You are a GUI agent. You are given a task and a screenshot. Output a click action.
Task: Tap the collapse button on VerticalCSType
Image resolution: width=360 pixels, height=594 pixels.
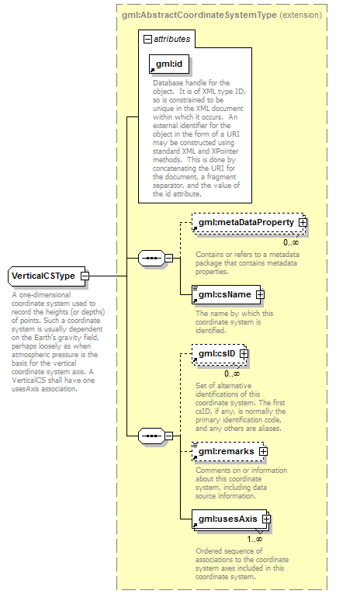(85, 276)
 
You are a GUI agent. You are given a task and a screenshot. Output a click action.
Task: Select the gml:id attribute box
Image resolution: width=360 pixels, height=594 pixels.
(169, 64)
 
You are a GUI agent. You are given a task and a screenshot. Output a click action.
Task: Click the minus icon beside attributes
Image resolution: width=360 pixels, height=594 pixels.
(147, 39)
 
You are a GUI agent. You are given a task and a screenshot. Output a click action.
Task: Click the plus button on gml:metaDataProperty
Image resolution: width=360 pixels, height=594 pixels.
(303, 223)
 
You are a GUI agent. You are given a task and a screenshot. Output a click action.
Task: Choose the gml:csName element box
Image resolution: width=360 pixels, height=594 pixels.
(226, 295)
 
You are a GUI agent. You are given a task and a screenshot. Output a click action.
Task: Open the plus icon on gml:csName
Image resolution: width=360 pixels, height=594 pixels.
(260, 295)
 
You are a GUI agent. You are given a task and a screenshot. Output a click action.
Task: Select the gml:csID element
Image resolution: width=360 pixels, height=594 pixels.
(219, 354)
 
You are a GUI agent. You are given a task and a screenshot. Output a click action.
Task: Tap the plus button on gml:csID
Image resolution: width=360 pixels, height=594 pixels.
(244, 354)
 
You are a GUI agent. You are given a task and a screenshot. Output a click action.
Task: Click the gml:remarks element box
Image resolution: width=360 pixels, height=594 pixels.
(227, 452)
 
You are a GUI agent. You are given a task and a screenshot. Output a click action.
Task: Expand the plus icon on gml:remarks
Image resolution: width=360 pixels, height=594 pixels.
(263, 452)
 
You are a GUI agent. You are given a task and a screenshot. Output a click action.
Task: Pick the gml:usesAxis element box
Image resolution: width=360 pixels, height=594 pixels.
(230, 519)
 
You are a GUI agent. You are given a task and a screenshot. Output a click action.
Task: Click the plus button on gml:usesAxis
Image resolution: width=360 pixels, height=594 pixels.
(266, 519)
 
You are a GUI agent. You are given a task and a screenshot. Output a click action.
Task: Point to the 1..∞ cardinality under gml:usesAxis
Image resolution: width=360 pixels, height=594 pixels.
(254, 539)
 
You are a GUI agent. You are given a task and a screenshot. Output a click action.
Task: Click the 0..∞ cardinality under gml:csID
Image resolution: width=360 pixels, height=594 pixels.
(232, 374)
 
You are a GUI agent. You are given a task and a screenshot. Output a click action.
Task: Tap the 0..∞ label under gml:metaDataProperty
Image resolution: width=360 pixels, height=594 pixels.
(291, 243)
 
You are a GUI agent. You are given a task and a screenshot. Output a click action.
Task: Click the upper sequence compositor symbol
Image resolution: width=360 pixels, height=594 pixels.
(151, 259)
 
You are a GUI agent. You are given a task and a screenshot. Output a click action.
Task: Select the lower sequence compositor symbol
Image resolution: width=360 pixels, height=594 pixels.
(151, 436)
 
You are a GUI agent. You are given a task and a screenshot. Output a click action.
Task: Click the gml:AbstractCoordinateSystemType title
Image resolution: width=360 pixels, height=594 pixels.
(199, 16)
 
